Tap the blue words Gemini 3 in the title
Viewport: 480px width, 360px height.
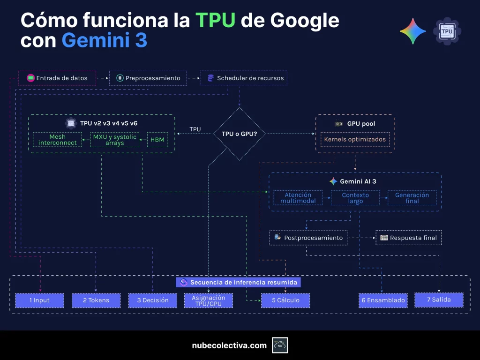(105, 41)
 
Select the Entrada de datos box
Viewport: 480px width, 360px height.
(57, 78)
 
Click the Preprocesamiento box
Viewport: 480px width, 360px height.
(148, 78)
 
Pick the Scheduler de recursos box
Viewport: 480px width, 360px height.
(244, 78)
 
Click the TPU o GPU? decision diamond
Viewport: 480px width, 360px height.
(239, 134)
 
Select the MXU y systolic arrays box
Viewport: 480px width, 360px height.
(115, 140)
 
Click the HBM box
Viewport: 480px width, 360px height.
(157, 140)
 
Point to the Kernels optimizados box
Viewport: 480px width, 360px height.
(355, 139)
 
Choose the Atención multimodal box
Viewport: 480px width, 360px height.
(298, 198)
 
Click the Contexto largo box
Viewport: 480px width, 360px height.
(355, 198)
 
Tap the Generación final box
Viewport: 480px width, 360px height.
(412, 198)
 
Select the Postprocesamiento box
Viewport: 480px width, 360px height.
(308, 238)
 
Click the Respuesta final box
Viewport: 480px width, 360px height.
(409, 238)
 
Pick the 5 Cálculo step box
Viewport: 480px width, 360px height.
(285, 300)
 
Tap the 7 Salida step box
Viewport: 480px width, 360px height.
(439, 300)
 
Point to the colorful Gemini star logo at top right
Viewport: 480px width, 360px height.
(412, 31)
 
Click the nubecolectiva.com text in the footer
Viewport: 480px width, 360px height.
(229, 345)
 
